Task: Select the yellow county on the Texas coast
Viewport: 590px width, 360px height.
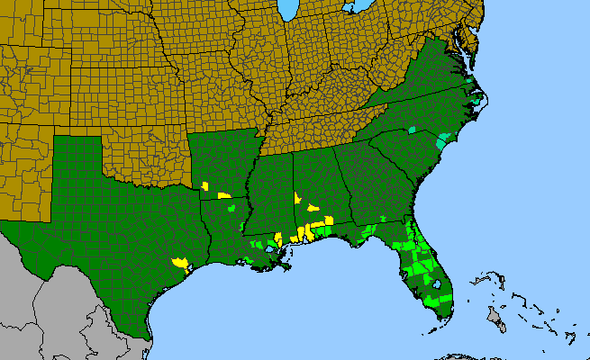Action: pyautogui.click(x=181, y=264)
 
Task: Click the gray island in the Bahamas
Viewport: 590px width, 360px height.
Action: pyautogui.click(x=494, y=315)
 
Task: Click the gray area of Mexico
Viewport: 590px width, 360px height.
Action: pyautogui.click(x=54, y=306)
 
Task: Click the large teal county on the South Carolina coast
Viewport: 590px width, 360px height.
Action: pyautogui.click(x=443, y=139)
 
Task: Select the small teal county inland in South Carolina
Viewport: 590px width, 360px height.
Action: pyautogui.click(x=412, y=130)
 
